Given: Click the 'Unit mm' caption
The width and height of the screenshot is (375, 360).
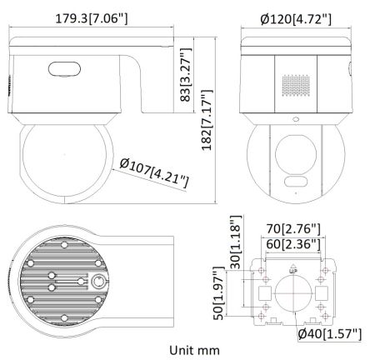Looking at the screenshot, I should coord(194,351).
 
